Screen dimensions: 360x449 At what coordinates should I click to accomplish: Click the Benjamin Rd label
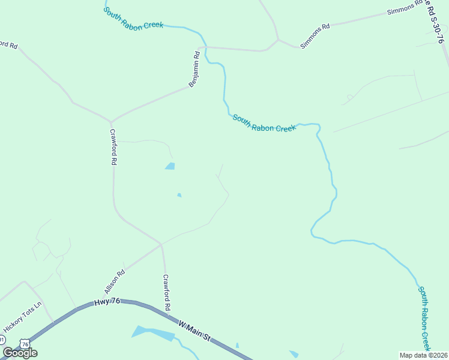pyautogui.click(x=194, y=70)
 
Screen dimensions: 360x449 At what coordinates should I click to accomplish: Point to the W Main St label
pyautogui.click(x=194, y=331)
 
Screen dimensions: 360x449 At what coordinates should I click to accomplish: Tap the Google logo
pyautogui.click(x=20, y=353)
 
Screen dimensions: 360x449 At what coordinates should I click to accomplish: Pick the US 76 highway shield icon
pyautogui.click(x=24, y=343)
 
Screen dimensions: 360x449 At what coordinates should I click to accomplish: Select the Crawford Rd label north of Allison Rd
pyautogui.click(x=112, y=147)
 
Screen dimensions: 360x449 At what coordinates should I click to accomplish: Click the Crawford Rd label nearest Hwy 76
pyautogui.click(x=167, y=292)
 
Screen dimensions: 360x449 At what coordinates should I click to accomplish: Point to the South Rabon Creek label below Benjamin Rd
pyautogui.click(x=264, y=124)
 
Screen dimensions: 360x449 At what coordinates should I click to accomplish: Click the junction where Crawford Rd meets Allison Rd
pyautogui.click(x=161, y=244)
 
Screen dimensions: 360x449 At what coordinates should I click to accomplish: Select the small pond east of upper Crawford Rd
pyautogui.click(x=170, y=166)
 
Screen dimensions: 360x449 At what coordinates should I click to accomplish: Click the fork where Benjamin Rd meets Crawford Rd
pyautogui.click(x=110, y=122)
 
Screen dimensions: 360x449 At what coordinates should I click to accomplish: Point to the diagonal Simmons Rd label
pyautogui.click(x=315, y=36)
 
